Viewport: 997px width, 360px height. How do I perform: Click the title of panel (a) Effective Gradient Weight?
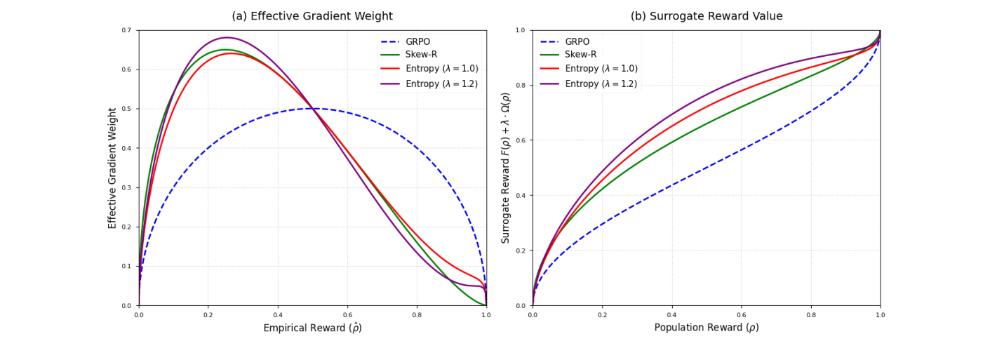[x=312, y=16]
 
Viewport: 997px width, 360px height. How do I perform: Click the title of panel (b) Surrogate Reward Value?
[x=706, y=16]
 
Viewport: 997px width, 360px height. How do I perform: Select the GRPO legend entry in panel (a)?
[x=417, y=41]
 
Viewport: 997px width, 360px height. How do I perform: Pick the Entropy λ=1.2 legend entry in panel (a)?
[x=441, y=84]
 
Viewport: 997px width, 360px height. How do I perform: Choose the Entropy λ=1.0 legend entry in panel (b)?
[x=601, y=69]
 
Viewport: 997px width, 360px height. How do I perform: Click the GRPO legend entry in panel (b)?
[x=577, y=41]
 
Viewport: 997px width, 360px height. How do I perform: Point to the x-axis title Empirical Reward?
[x=312, y=328]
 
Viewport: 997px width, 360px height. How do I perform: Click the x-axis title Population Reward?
[x=706, y=328]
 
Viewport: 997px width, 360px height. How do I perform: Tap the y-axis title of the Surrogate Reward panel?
[x=506, y=168]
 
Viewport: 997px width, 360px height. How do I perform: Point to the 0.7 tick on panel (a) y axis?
[x=126, y=30]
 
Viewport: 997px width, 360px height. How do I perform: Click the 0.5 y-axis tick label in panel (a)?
[x=126, y=109]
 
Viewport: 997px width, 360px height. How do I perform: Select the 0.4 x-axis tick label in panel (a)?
[x=278, y=316]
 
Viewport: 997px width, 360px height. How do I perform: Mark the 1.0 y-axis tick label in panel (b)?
[x=521, y=30]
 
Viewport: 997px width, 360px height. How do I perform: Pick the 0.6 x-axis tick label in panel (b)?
[x=741, y=316]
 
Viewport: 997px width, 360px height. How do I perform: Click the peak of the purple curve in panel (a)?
[x=227, y=37]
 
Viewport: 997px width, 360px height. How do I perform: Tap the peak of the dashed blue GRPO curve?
[x=312, y=108]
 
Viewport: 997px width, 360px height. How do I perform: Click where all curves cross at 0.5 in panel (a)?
[x=312, y=109]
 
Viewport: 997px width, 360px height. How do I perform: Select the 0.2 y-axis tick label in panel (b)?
[x=521, y=251]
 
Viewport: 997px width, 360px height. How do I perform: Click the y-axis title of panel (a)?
[x=112, y=168]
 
